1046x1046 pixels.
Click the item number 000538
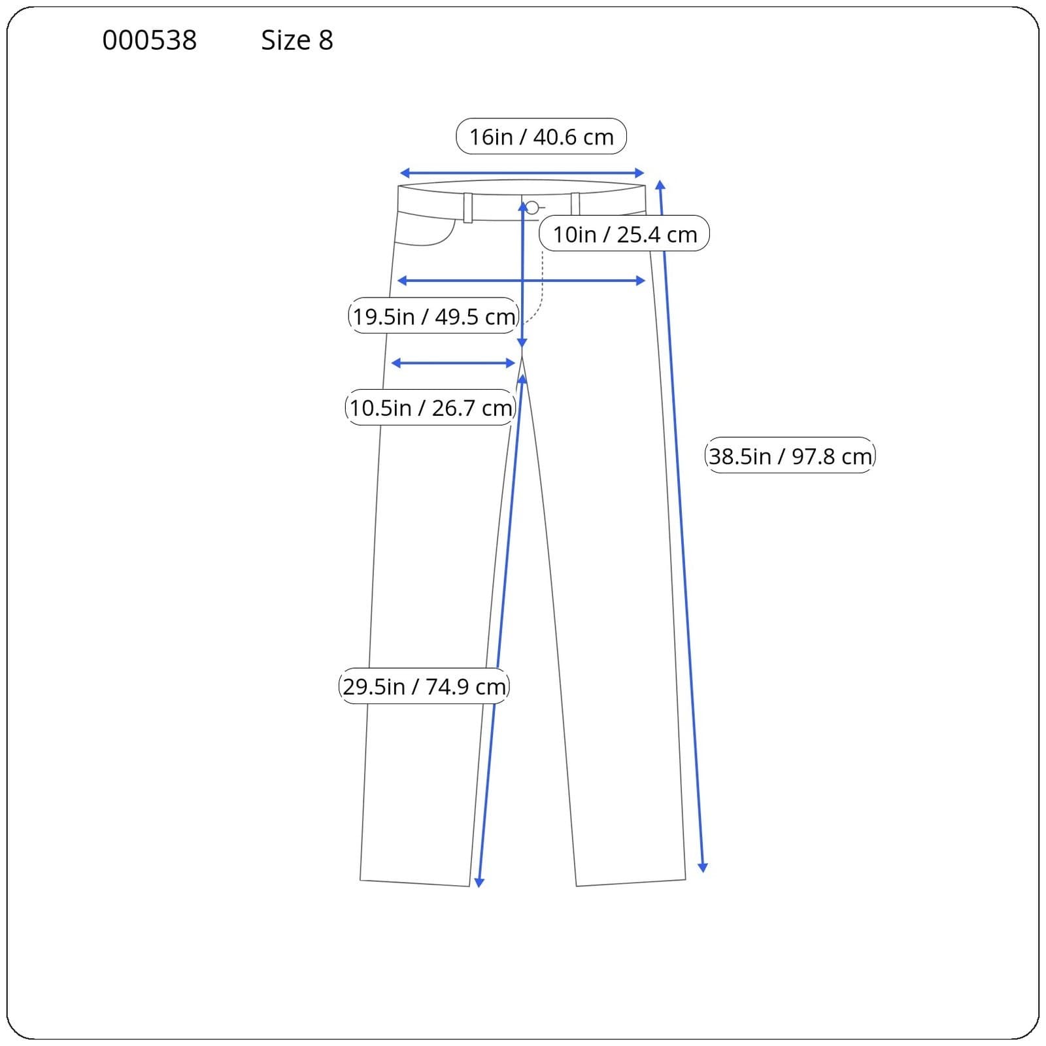(x=149, y=41)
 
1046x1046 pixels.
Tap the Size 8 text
(x=297, y=41)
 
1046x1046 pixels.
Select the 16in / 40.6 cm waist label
(x=541, y=137)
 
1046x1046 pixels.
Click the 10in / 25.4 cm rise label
(x=624, y=234)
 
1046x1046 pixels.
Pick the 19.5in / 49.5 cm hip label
(x=433, y=316)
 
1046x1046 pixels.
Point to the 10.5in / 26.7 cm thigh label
(x=431, y=408)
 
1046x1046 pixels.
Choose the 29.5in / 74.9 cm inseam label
(x=424, y=686)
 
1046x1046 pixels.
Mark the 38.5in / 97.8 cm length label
(x=790, y=456)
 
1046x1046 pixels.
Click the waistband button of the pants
(x=532, y=208)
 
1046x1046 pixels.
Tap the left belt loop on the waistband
(x=468, y=208)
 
